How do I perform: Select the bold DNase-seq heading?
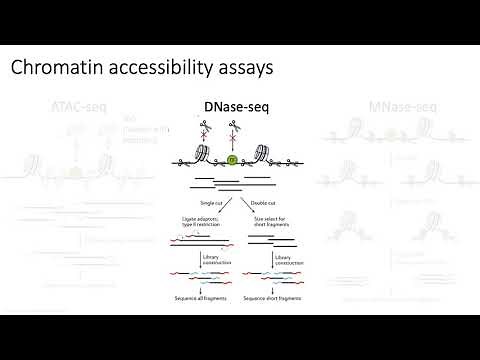235,105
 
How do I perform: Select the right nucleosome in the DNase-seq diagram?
266,155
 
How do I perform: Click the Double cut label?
263,201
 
